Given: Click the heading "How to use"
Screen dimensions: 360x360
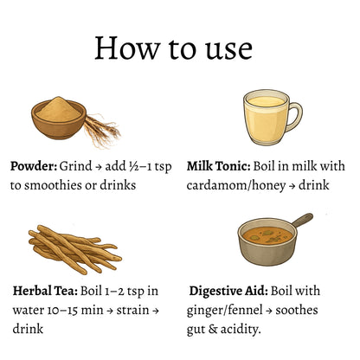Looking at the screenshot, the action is coord(174,48).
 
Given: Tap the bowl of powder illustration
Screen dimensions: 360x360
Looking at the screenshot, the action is coord(59,118).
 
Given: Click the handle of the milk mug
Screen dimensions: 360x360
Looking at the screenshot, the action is coord(294,117).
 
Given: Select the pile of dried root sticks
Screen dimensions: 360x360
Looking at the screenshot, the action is coord(75,249).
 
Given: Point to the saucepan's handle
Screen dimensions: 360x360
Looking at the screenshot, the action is coord(302,220).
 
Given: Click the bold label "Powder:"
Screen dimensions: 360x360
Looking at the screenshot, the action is coord(34,166).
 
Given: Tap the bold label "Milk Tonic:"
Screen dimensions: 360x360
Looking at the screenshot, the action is coord(218,166).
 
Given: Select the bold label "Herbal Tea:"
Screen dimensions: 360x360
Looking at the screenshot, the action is coord(45,291).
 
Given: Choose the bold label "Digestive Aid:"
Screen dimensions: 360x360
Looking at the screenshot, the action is coord(228,292).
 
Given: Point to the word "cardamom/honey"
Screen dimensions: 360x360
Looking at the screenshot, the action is coord(236,185).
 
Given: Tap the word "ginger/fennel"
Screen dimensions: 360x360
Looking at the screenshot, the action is coord(224,311).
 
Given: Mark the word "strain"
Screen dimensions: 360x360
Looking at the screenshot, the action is coord(132,311).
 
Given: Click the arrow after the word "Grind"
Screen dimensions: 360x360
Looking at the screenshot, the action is coord(99,167).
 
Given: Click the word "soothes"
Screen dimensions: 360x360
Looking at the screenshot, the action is coord(297,310).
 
